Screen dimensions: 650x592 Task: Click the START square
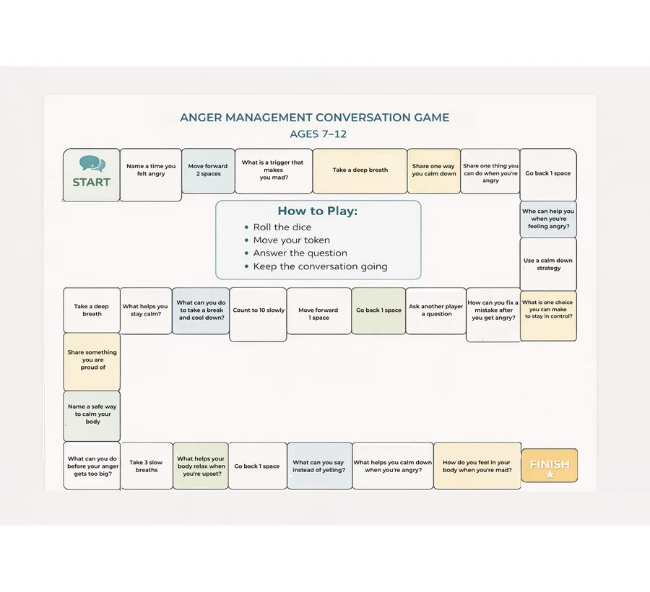92,175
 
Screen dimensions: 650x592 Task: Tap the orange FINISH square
550,465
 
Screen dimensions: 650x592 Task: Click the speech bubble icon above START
92,164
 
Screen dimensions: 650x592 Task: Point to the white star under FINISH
550,474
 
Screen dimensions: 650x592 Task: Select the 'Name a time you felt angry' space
151,175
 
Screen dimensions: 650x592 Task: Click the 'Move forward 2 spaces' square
208,170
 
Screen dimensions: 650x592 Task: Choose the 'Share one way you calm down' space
433,170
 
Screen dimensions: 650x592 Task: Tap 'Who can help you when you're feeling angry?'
548,219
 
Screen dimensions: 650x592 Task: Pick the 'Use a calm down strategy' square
548,264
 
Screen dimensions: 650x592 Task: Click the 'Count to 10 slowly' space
259,315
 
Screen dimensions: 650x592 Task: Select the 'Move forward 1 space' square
318,311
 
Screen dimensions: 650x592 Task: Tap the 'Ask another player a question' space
436,311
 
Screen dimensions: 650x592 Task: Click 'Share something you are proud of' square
92,362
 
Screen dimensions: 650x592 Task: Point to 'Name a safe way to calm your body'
92,416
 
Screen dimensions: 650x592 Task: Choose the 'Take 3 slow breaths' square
147,466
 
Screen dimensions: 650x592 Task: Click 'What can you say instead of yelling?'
319,466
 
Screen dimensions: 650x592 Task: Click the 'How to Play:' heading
318,211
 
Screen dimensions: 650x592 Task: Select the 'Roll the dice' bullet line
282,227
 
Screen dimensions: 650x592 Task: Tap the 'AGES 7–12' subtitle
318,134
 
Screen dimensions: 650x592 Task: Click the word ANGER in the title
201,118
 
